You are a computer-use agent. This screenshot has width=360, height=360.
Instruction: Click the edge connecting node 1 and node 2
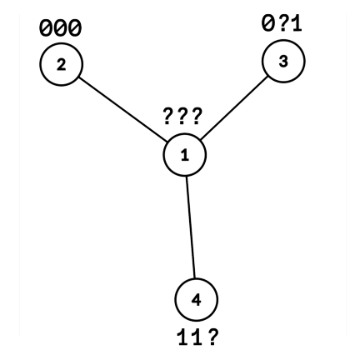[123, 109]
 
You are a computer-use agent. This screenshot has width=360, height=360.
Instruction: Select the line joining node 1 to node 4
[191, 227]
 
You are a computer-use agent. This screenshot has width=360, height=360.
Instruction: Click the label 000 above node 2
[61, 28]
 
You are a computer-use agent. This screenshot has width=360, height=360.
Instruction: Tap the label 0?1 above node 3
[282, 24]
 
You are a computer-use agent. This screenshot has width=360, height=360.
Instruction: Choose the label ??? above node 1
[182, 117]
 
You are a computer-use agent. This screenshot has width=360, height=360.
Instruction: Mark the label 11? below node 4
[197, 337]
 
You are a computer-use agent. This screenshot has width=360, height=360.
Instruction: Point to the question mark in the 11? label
[212, 337]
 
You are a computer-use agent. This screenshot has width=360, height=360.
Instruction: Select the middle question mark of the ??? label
[182, 117]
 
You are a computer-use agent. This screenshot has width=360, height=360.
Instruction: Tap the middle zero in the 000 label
[61, 28]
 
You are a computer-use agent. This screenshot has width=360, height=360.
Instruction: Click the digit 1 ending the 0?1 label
[297, 24]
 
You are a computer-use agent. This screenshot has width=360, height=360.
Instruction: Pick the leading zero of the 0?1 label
[268, 24]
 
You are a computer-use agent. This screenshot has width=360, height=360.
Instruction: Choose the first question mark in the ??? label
[168, 117]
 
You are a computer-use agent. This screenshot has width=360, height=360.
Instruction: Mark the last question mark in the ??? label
[197, 117]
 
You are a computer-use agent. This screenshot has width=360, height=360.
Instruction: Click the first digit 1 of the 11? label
[182, 337]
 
